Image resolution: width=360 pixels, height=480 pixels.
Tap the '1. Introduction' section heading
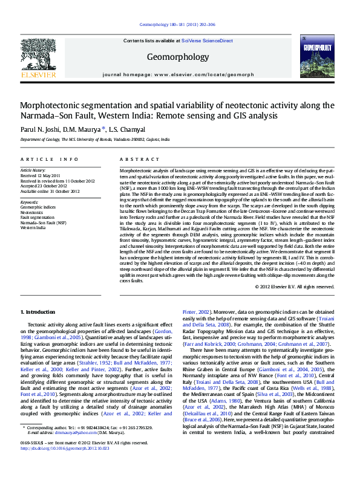pyautogui.click(x=38, y=311)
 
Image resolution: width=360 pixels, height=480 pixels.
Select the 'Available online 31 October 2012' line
pyautogui.click(x=50, y=190)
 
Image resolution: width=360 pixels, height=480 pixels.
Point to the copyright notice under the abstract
pyautogui.click(x=294, y=286)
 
